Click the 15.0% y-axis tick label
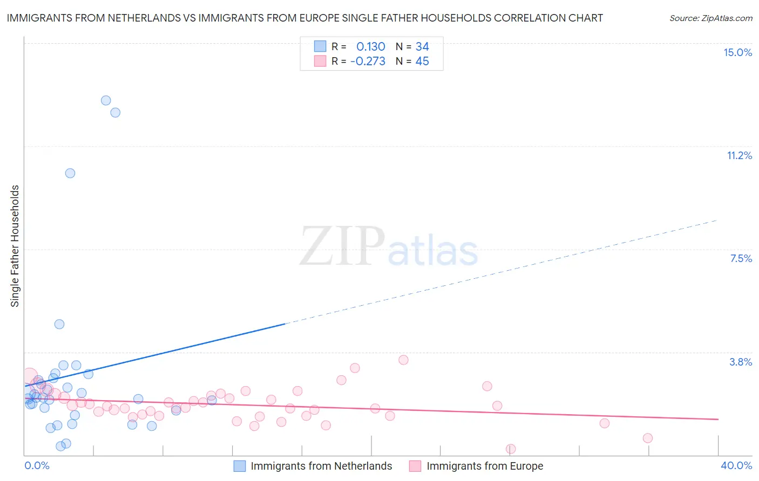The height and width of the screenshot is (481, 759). (x=737, y=52)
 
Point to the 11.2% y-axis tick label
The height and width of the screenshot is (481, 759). (x=739, y=155)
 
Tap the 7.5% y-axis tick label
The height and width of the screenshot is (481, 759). (x=741, y=258)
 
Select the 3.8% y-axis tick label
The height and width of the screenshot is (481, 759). (x=741, y=362)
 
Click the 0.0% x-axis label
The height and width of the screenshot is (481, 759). (x=37, y=465)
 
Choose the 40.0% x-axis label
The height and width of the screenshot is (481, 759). (x=736, y=465)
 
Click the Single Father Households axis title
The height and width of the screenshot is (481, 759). (x=15, y=246)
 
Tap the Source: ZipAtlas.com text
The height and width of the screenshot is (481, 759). (x=710, y=18)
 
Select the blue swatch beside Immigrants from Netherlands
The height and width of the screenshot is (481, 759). (x=239, y=466)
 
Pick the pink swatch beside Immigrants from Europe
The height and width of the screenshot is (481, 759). (x=415, y=466)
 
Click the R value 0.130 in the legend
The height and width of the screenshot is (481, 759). (x=370, y=46)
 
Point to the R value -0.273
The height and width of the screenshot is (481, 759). (x=368, y=61)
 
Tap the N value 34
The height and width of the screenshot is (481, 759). (x=422, y=46)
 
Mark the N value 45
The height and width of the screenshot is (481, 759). (x=422, y=61)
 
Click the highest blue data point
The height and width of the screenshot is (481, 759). (x=106, y=100)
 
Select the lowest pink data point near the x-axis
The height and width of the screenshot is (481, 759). (x=511, y=449)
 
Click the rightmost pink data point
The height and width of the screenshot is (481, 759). (x=648, y=438)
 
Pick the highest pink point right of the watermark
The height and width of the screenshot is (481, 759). (x=403, y=360)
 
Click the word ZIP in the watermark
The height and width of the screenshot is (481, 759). (x=342, y=246)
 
